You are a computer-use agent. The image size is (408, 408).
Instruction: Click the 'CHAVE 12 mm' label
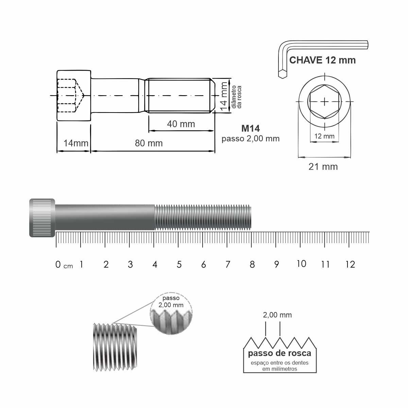click(x=322, y=60)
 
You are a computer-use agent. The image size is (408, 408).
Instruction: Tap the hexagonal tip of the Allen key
click(x=283, y=74)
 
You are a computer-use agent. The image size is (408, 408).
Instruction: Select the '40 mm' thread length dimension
click(x=181, y=124)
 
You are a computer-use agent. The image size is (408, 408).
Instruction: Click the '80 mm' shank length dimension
click(x=149, y=143)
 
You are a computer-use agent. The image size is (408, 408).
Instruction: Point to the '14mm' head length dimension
click(x=76, y=143)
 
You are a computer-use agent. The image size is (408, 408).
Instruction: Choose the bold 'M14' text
click(x=251, y=129)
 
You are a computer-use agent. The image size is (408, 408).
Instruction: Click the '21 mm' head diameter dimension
click(x=323, y=167)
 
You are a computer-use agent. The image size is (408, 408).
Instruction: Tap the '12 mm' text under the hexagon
click(x=324, y=136)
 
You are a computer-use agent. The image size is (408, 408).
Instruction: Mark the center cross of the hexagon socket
click(x=325, y=102)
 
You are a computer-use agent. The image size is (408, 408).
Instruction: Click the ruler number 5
click(x=179, y=265)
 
